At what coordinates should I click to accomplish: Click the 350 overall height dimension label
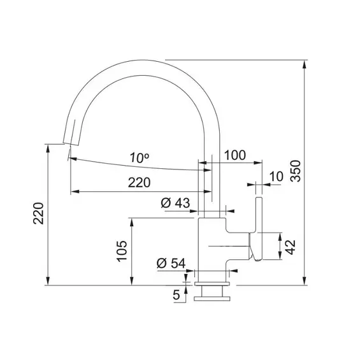[295, 169]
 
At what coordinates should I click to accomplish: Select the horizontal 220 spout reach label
[139, 182]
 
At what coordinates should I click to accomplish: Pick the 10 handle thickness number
[275, 176]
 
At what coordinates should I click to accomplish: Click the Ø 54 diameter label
[170, 263]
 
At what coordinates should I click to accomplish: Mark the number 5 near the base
[176, 294]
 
